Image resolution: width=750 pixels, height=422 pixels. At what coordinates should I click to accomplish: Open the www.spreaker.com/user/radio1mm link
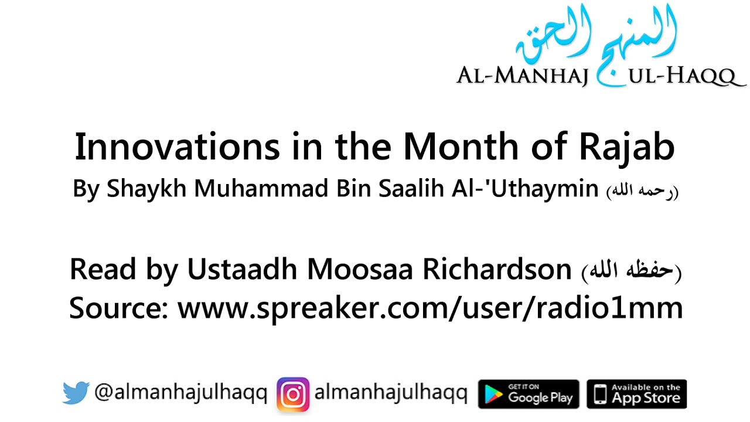[x=430, y=307]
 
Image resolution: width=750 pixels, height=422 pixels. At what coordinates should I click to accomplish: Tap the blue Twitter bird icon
[x=76, y=393]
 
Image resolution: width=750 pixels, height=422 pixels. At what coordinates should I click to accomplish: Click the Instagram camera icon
[x=293, y=394]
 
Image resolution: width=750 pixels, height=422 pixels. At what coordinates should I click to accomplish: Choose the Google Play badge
[x=529, y=394]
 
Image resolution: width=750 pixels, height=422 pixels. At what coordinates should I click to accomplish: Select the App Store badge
[x=636, y=394]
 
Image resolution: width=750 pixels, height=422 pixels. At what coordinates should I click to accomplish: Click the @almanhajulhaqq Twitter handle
[x=180, y=393]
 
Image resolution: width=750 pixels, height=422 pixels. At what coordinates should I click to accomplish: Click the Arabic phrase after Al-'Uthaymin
[x=642, y=192]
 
